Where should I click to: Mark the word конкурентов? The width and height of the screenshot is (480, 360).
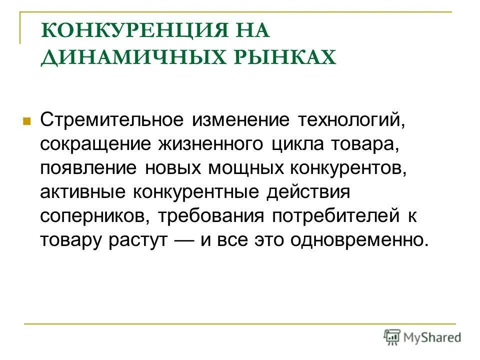345,167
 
